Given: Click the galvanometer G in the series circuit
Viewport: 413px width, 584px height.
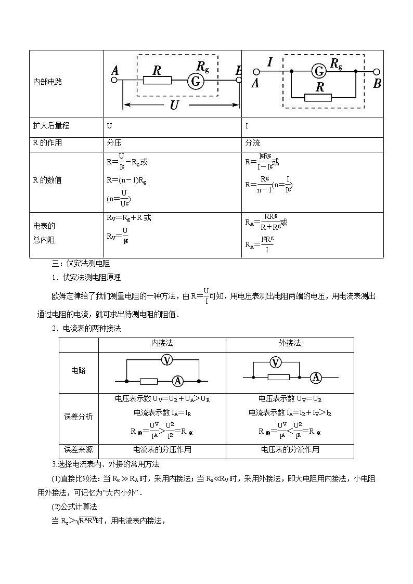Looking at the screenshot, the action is coord(196,81).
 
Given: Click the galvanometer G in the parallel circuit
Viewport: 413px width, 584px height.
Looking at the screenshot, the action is coord(319,71).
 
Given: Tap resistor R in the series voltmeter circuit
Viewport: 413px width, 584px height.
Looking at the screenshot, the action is coord(157,81).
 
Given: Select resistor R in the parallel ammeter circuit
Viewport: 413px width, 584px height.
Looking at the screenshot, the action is coord(318,97).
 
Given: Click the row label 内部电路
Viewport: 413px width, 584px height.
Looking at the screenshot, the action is coord(47,82).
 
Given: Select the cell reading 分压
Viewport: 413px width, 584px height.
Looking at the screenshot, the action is coord(114,142).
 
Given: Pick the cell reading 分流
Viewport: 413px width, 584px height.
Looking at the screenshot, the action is coord(252,142).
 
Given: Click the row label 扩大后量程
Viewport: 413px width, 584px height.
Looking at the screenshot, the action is coord(50,126).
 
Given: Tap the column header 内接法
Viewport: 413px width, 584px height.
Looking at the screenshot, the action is coord(162,343).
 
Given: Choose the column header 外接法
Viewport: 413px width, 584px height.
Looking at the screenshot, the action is coord(290,343).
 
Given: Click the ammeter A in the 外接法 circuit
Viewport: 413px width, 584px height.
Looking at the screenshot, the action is coord(315,377).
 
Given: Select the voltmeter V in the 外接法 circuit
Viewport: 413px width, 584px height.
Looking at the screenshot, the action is coord(276,362).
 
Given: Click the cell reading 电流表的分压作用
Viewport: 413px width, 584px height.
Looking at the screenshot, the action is coord(162,449).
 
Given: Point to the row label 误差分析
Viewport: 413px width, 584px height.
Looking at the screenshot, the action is coord(78,417).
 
